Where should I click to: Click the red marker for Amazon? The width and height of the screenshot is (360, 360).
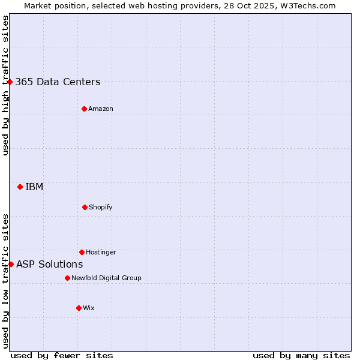(84, 109)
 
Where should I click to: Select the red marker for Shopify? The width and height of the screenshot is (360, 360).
(85, 207)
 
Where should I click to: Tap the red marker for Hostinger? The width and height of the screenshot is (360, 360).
(82, 252)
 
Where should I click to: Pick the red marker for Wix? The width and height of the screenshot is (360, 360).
(79, 308)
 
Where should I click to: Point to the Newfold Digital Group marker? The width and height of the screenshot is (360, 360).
(67, 278)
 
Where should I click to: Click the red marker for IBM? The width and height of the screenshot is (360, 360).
(20, 187)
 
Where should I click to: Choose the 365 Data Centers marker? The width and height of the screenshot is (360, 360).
(10, 82)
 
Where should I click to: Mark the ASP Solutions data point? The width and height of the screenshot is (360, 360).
(11, 264)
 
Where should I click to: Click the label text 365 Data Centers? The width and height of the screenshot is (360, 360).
(58, 82)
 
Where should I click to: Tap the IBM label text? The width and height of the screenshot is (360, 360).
(34, 187)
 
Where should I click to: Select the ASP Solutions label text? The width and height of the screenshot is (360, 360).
(49, 264)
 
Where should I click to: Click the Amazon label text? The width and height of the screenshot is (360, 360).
(101, 109)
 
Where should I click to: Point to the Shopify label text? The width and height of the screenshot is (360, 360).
(101, 207)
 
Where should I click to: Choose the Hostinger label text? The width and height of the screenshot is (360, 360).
(101, 252)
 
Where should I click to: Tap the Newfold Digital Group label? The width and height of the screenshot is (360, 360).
(106, 278)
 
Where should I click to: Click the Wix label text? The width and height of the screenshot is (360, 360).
(89, 308)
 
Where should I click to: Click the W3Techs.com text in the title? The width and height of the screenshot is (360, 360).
(306, 5)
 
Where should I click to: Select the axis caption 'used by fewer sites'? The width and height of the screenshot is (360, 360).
(62, 355)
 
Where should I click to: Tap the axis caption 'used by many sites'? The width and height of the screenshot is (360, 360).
(301, 355)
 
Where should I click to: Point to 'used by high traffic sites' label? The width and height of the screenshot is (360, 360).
(5, 85)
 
